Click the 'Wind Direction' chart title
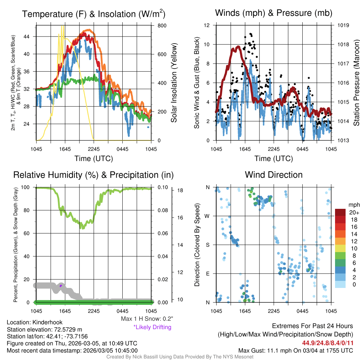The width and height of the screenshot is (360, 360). (x=274, y=175)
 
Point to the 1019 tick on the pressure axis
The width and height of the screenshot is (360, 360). (x=342, y=25)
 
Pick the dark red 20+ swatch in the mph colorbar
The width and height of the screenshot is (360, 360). (x=342, y=212)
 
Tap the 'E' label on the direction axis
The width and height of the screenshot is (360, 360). (x=207, y=274)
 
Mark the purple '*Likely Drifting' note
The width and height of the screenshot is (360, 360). (x=152, y=327)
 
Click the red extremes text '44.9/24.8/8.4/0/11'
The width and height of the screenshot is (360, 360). (x=327, y=342)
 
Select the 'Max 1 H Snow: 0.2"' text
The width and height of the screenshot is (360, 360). (x=147, y=319)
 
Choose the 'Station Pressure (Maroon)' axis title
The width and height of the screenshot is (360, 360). (x=356, y=83)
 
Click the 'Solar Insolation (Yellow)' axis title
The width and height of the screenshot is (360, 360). (x=174, y=83)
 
